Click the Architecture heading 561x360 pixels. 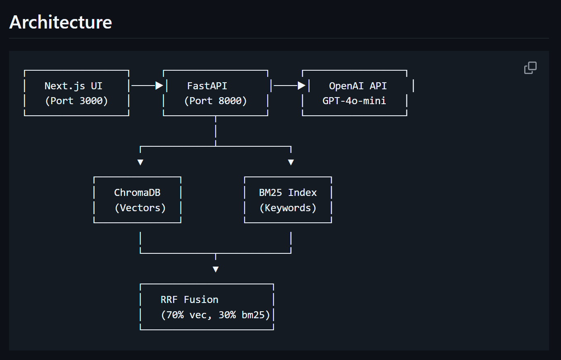[60, 22]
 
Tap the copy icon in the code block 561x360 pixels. [530, 68]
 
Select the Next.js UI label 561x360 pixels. [74, 86]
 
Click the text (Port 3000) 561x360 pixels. [76, 101]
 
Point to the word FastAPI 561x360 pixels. [207, 86]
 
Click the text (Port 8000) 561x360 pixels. [215, 101]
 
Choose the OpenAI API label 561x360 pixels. [358, 86]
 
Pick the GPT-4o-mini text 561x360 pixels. [354, 101]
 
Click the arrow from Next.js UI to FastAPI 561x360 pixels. [147, 86]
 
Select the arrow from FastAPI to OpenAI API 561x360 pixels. [289, 86]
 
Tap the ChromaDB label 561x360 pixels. [137, 193]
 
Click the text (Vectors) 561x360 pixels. [140, 208]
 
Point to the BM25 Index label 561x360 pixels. [288, 193]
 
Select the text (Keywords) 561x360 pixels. [288, 208]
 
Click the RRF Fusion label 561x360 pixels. [190, 300]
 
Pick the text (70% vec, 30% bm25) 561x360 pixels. [215, 315]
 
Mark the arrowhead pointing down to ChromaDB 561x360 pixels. [140, 162]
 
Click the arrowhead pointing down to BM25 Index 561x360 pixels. [291, 162]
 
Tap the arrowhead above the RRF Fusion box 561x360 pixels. [215, 269]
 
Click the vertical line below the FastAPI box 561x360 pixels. [216, 131]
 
